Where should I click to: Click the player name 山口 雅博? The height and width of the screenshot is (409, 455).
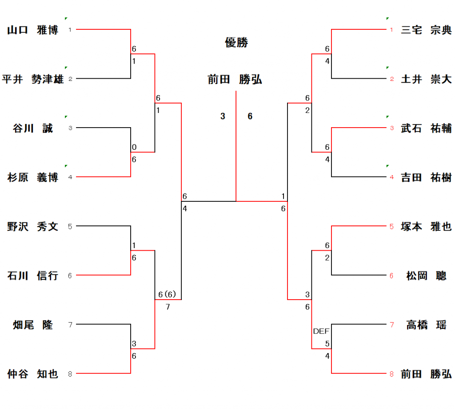[x=33, y=30]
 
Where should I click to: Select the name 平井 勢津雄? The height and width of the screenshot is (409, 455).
[x=33, y=79]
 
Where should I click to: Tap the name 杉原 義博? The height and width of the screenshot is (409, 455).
[x=33, y=177]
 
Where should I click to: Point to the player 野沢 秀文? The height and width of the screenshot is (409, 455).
[x=33, y=227]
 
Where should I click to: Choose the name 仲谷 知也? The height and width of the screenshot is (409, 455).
[x=33, y=374]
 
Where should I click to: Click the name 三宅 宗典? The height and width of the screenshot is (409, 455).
[x=426, y=30]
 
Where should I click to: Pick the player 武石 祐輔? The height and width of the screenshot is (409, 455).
[x=426, y=128]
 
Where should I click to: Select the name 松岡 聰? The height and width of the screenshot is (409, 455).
[x=426, y=276]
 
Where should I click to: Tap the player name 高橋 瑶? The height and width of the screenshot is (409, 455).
[x=426, y=325]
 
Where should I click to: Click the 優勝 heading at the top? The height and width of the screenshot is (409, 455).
[x=236, y=43]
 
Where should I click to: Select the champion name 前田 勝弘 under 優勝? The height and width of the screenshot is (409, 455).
[x=235, y=80]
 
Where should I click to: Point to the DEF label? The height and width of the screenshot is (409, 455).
[x=321, y=331]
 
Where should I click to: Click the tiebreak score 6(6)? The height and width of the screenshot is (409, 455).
[x=168, y=294]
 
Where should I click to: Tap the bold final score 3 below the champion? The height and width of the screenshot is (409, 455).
[x=223, y=116]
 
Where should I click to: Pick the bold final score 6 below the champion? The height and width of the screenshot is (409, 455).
[x=250, y=116]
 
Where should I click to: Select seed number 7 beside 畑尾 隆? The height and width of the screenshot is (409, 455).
[x=70, y=325]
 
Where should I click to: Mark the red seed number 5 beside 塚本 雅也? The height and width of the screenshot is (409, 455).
[x=391, y=227]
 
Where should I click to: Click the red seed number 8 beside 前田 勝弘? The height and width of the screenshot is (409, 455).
[x=391, y=374]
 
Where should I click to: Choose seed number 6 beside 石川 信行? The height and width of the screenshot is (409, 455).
[x=70, y=276]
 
